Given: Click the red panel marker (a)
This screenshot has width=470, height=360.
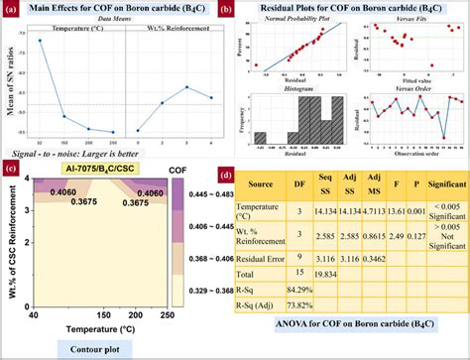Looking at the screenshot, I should [x=9, y=10].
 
